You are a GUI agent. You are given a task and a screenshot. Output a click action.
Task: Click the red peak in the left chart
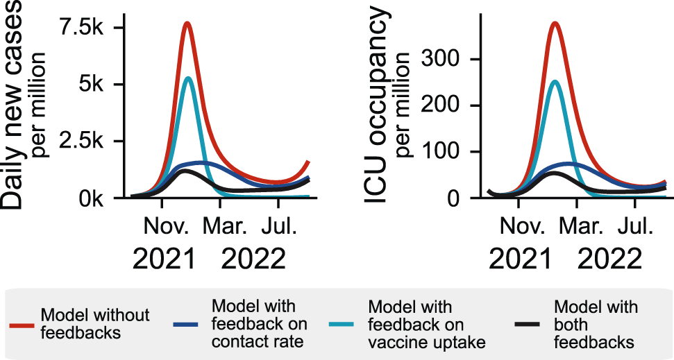187,24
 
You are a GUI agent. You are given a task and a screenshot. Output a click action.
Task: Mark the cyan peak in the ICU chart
554,82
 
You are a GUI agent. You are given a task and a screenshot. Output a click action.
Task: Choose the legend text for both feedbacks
596,324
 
